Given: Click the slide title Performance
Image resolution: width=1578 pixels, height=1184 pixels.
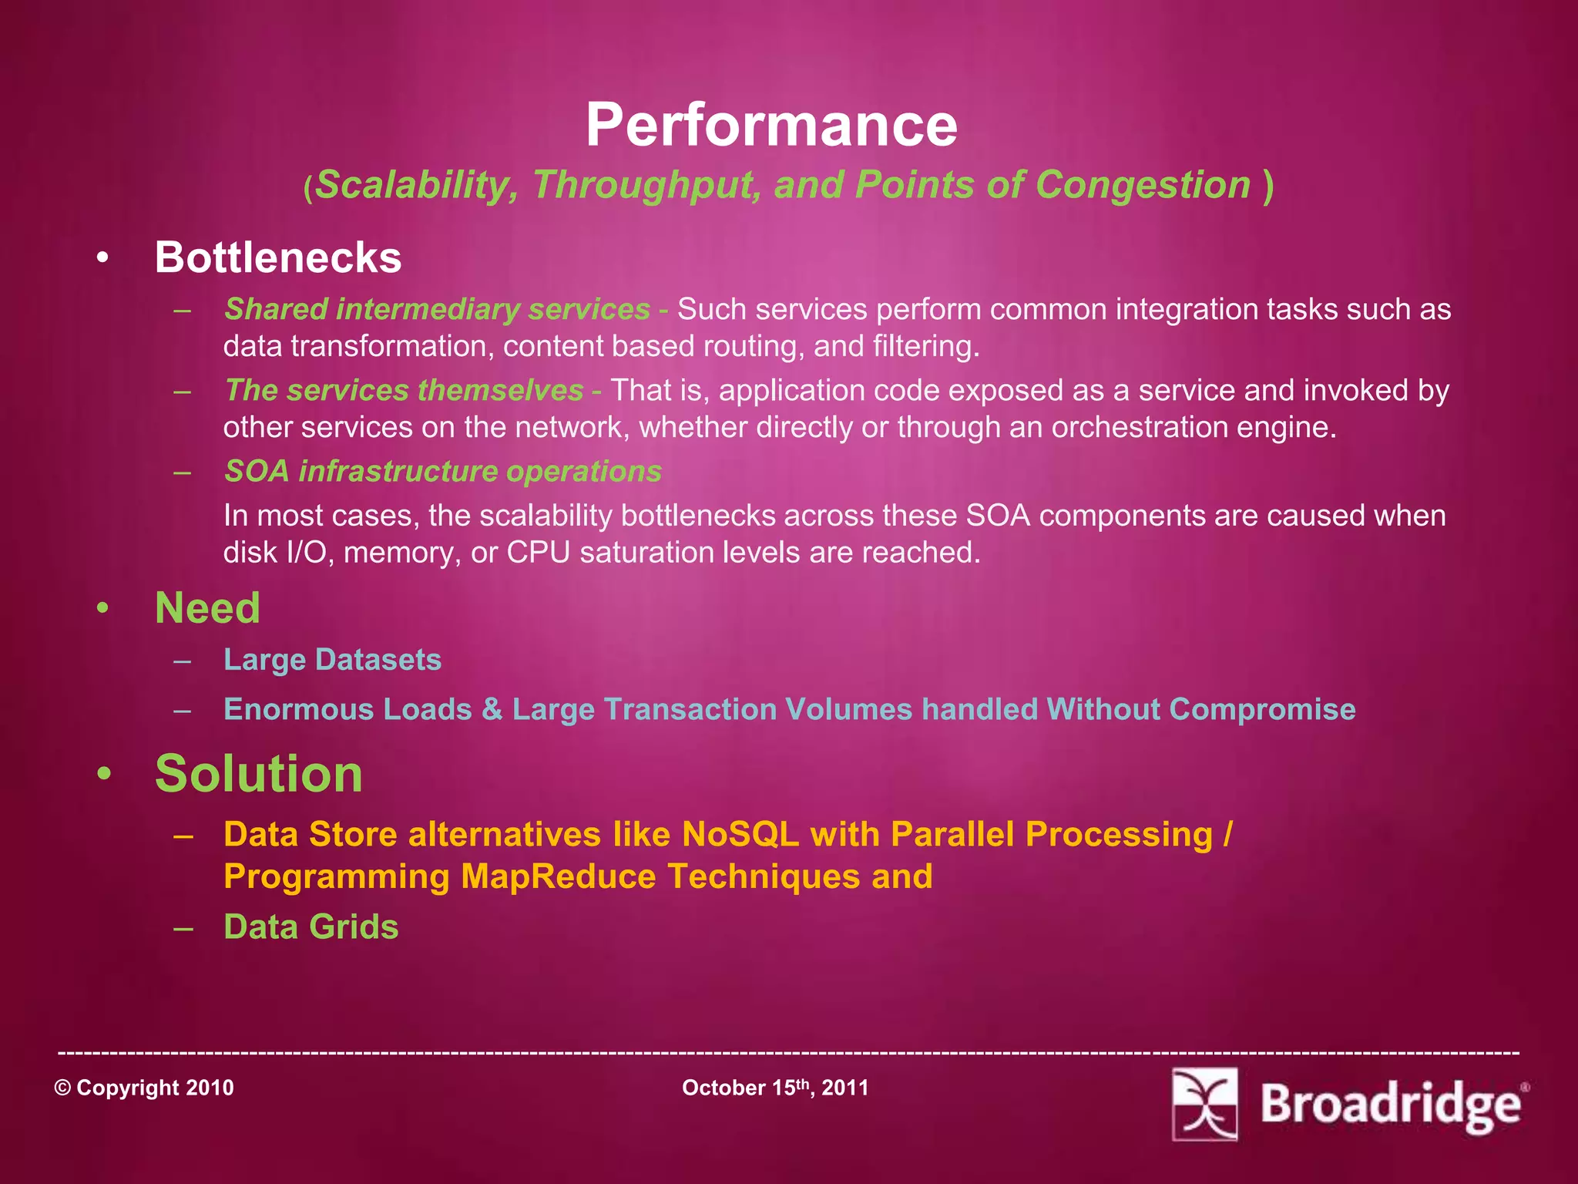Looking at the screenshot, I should [771, 125].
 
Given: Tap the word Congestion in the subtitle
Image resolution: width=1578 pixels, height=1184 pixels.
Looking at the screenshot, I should [1143, 185].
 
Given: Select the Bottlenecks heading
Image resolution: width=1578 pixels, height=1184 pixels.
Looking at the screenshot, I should [278, 257].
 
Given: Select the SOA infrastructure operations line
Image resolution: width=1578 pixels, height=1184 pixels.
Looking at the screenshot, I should [443, 471].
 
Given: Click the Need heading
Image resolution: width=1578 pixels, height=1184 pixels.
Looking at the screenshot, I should [207, 608].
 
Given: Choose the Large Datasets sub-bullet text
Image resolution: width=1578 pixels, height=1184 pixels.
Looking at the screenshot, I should [332, 660].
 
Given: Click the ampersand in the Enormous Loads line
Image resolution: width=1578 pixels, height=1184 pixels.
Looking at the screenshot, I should [492, 709].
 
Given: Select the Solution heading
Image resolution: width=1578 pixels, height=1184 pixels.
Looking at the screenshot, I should [259, 774].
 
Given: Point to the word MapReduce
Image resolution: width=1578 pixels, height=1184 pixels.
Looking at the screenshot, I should [559, 876].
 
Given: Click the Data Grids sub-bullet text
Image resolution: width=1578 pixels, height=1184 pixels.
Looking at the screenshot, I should [311, 927].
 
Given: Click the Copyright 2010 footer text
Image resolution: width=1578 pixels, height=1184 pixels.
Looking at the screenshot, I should [144, 1088].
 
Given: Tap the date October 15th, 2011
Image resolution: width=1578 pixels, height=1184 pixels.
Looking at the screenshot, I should [775, 1088].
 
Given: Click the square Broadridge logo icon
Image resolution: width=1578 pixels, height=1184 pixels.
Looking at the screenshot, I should [1204, 1103].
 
